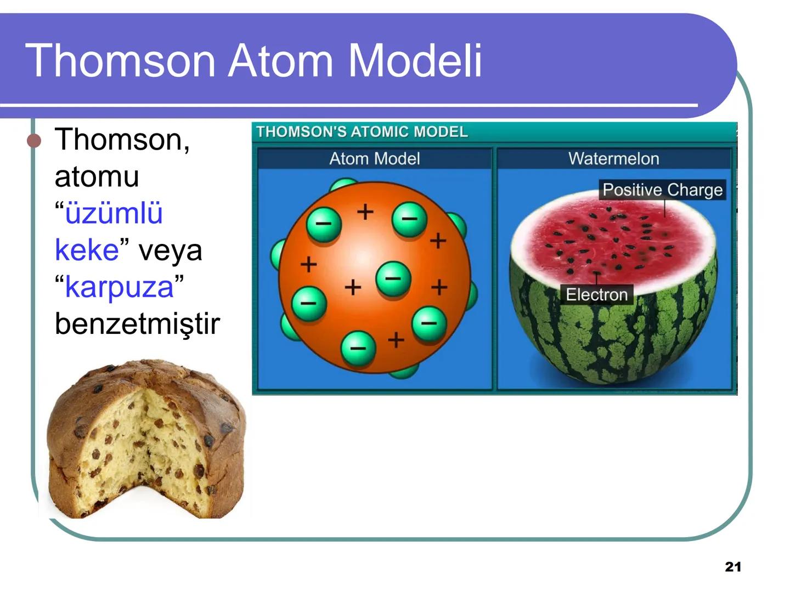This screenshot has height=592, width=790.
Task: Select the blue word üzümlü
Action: tap(114, 213)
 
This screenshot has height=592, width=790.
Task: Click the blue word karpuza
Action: tap(119, 287)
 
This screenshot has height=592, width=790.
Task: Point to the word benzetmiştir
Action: tap(137, 323)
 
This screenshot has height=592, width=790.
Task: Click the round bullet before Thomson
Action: tap(35, 141)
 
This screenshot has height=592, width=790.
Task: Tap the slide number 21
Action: tap(732, 567)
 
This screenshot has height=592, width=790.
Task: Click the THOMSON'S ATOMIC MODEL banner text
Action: tap(362, 132)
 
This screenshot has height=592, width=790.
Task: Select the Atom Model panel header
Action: tap(374, 159)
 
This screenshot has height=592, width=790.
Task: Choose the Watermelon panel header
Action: tap(613, 159)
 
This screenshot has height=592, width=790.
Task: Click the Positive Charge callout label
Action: tap(662, 190)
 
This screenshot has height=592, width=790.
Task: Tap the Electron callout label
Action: tap(596, 294)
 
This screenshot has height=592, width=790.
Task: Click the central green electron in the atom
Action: tap(393, 278)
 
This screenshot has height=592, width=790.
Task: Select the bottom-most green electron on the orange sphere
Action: tap(358, 348)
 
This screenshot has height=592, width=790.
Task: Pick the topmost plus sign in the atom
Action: tap(365, 211)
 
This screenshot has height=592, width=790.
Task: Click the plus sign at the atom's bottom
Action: tap(396, 340)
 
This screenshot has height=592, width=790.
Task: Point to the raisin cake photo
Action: tap(146, 439)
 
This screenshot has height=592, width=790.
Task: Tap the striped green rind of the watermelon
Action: tap(614, 340)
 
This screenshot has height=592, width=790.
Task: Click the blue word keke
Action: tap(87, 250)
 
